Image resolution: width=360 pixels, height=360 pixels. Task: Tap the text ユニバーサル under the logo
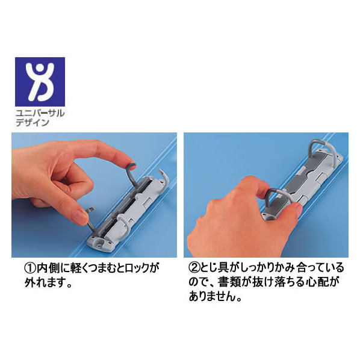click(x=40, y=113)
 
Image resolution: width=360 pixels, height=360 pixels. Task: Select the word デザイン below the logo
click(x=33, y=123)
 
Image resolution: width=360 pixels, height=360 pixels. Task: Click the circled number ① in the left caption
click(x=30, y=268)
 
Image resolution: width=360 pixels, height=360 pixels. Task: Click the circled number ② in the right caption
click(x=194, y=268)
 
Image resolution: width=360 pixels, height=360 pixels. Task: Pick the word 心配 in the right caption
click(x=318, y=282)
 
